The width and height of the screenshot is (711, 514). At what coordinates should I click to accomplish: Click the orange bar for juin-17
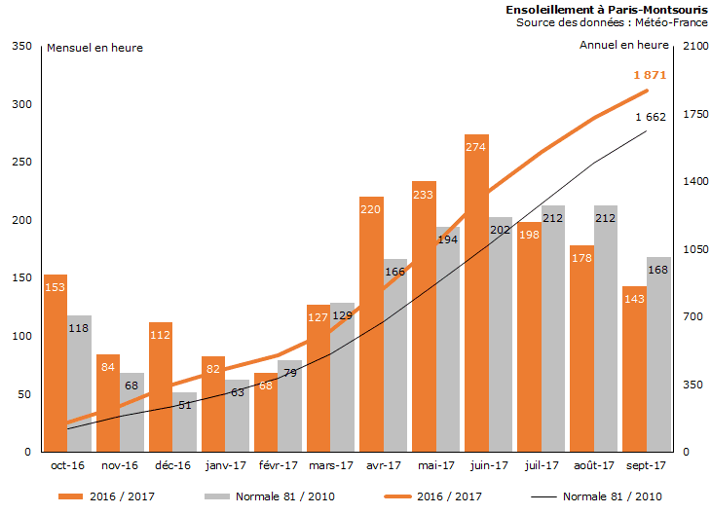[476, 292]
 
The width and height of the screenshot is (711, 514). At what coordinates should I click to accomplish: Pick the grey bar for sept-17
[657, 354]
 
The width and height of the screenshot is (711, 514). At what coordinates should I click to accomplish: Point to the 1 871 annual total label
[650, 75]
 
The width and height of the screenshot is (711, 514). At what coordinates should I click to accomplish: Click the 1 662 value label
[650, 117]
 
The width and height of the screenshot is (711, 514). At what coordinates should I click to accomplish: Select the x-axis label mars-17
[329, 465]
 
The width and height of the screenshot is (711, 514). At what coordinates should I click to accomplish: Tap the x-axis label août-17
[593, 465]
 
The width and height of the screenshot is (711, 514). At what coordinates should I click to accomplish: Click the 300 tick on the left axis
[20, 104]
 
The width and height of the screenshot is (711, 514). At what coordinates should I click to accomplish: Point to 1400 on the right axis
[692, 182]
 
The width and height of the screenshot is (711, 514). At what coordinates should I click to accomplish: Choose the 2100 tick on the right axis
[692, 46]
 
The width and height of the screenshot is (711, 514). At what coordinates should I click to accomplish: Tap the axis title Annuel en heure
[624, 45]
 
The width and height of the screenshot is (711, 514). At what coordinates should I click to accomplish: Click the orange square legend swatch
[70, 496]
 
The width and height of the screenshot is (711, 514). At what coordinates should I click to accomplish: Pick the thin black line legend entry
[593, 496]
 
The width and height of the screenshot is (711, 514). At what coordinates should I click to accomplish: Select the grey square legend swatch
[215, 496]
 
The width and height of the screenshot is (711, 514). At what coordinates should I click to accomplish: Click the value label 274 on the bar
[476, 148]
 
